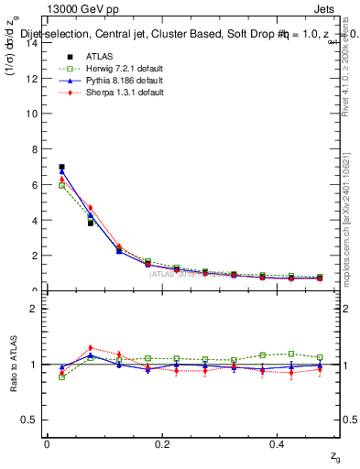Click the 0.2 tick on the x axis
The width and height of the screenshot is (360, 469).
pyautogui.click(x=163, y=443)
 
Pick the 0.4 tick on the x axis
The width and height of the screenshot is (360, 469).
pyautogui.click(x=279, y=443)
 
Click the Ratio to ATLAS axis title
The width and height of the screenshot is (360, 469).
pyautogui.click(x=14, y=364)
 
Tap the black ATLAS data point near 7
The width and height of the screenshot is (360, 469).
pyautogui.click(x=61, y=167)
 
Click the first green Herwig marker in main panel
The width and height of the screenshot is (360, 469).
pyautogui.click(x=61, y=185)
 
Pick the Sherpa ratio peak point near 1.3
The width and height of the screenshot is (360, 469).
pyautogui.click(x=90, y=348)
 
